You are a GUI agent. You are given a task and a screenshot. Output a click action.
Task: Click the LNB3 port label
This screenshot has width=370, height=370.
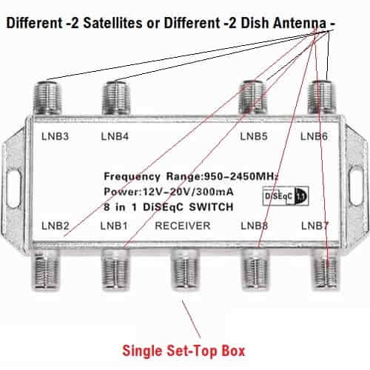pos(55,136)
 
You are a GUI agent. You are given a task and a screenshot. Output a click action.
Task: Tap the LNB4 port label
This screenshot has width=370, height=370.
pos(115,136)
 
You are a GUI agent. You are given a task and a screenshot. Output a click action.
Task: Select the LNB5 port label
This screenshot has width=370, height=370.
pos(254,136)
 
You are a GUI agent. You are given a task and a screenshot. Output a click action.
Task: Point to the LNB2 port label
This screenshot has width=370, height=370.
pos(55,226)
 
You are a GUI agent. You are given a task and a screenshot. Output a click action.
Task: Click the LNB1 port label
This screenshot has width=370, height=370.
pos(114,226)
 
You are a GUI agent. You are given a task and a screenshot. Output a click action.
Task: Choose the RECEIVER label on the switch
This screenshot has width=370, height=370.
pos(183,226)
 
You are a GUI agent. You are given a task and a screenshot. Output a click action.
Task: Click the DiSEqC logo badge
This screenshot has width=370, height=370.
pos(286,196)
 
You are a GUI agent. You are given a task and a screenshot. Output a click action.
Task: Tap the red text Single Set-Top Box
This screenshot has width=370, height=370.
pos(184,351)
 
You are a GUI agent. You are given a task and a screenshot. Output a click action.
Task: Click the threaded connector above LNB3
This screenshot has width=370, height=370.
pos(47,98)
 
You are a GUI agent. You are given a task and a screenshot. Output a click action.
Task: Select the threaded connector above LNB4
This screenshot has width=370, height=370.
pos(116,98)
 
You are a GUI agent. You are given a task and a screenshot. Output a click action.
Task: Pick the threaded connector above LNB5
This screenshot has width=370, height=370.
pos(253,97)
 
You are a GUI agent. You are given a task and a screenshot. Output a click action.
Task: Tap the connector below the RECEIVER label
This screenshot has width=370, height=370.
pos(184,269)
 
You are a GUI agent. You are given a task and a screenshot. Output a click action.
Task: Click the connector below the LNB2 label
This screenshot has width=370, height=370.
pos(46,269)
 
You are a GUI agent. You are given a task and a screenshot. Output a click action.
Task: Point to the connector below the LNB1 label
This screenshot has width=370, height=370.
pos(115,269)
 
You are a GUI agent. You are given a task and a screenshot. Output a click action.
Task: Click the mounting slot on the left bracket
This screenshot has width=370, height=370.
pos(13,187)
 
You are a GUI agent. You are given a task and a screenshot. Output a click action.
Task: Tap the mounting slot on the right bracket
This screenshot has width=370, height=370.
pos(356,186)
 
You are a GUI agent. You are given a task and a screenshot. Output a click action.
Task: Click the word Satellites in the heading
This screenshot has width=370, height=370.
pos(112,23)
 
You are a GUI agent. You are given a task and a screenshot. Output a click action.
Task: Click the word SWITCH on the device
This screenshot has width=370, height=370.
pos(211,207)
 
